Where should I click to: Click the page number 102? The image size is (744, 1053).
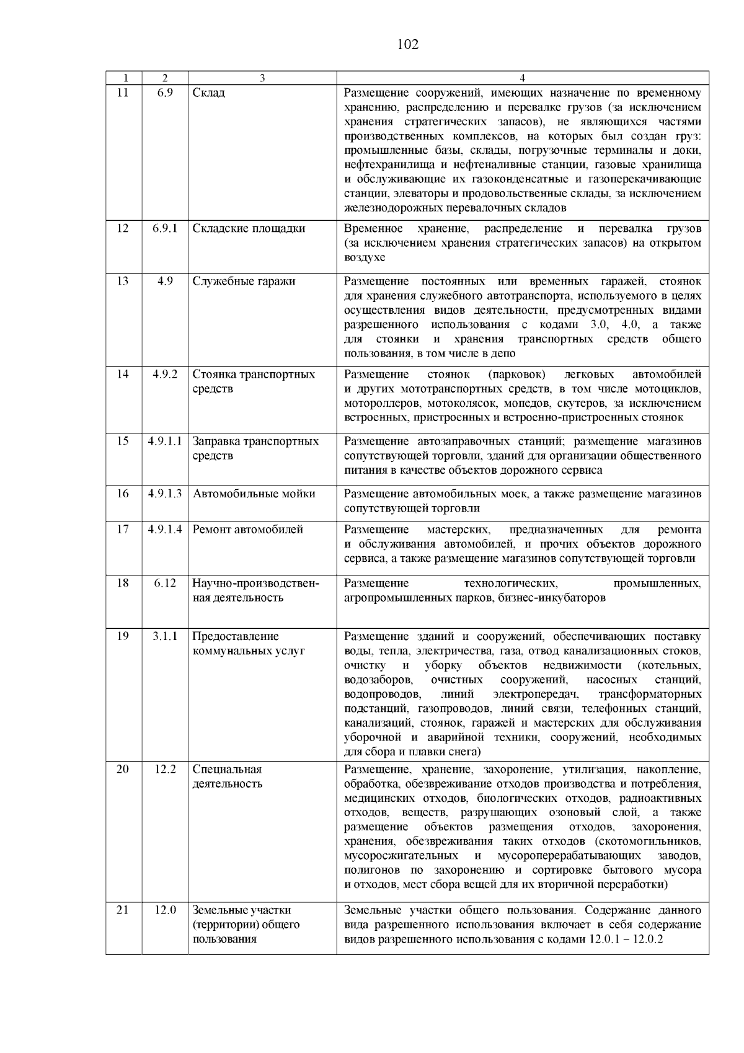point(407,45)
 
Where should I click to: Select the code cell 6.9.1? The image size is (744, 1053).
point(165,228)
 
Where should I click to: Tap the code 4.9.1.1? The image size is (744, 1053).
point(165,441)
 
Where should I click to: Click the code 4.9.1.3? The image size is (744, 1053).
point(165,494)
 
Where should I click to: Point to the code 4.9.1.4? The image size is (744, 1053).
point(165,530)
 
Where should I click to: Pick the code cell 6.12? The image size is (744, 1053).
point(165,583)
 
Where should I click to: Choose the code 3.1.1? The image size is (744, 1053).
point(165,636)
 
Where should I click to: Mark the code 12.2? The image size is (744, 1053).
point(165,769)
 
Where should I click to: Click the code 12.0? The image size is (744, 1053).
point(165,910)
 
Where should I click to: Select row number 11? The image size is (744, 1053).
point(123,92)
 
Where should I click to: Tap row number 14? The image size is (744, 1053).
point(123,374)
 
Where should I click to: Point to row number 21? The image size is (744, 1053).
point(123,910)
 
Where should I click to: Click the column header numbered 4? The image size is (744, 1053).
point(523,78)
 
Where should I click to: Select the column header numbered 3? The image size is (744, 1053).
point(262,78)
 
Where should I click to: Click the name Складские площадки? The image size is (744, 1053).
point(249,228)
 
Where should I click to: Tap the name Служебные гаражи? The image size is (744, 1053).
point(244,281)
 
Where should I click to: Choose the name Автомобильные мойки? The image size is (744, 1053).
point(254,494)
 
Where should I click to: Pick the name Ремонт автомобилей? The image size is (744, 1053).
point(247,530)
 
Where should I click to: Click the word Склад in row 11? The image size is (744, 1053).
point(209,92)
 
